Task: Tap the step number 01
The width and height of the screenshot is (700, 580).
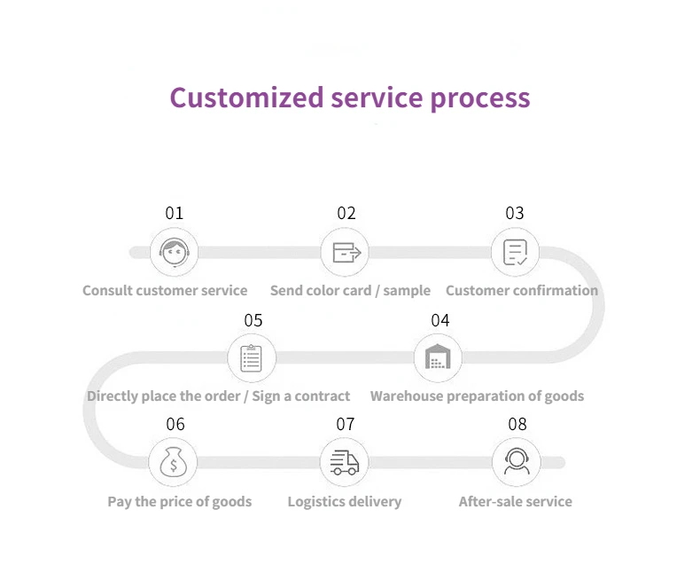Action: pos(174,213)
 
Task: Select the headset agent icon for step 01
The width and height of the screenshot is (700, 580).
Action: pos(174,252)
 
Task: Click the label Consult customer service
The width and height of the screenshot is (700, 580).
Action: pos(165,291)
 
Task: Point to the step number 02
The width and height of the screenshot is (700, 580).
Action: pos(346,213)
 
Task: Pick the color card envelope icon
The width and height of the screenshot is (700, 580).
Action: pos(346,253)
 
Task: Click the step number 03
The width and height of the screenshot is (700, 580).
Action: pos(515,213)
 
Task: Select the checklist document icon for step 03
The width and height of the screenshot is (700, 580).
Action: pos(515,253)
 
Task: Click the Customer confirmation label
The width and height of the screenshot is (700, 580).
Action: pos(522,291)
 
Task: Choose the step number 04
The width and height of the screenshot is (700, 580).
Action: pos(439,320)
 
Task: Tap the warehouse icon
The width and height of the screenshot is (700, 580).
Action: pos(438,358)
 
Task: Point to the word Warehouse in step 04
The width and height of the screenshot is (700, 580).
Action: pos(407,396)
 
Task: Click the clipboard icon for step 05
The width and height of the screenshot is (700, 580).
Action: pos(252,358)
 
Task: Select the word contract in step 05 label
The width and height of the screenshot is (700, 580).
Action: pos(317,396)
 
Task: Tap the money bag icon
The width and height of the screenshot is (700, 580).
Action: pos(174,463)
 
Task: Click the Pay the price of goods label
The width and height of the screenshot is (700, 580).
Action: pos(180,502)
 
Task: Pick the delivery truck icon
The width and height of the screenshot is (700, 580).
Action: pos(345,463)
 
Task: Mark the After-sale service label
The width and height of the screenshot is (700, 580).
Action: pos(515,502)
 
